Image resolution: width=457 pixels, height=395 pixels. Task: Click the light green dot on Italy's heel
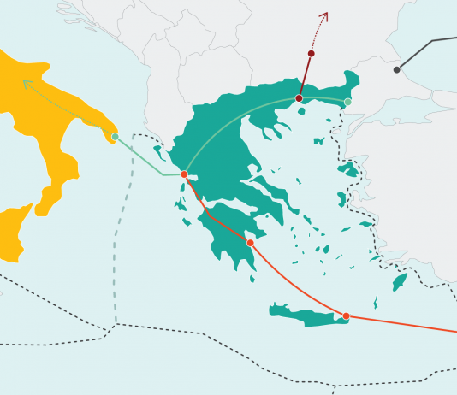pyautogui.click(x=115, y=136)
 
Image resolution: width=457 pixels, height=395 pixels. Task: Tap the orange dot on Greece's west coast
pyautogui.click(x=184, y=174)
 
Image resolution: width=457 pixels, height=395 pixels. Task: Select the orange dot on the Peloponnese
pyautogui.click(x=250, y=243)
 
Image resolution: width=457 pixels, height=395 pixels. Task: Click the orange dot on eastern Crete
pyautogui.click(x=346, y=316)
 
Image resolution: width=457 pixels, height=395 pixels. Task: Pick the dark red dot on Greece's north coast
pyautogui.click(x=299, y=98)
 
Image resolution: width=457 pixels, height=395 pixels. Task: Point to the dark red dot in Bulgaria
pyautogui.click(x=311, y=54)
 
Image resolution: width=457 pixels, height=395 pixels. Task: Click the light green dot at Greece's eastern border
pyautogui.click(x=347, y=103)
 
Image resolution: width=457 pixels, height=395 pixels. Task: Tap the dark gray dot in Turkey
pyautogui.click(x=396, y=69)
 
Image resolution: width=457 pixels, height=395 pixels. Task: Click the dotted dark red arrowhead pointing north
pyautogui.click(x=324, y=15)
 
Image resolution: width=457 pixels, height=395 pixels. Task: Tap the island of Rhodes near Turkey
pyautogui.click(x=399, y=281)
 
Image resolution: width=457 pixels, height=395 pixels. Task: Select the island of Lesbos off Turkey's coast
pyautogui.click(x=349, y=169)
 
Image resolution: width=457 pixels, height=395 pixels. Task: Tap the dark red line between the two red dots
pyautogui.click(x=305, y=76)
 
